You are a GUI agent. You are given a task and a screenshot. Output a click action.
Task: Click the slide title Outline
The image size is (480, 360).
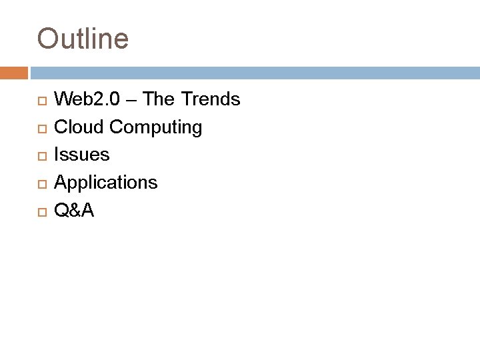[83, 39]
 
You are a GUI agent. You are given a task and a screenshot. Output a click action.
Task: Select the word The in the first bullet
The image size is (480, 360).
[157, 99]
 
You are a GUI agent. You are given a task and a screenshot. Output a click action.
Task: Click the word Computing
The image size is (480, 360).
[155, 127]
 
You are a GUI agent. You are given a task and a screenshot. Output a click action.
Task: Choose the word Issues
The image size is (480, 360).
[81, 155]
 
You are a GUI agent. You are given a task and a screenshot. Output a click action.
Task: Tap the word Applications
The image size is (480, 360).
[106, 183]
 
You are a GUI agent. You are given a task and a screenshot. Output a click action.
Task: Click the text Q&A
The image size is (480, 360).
[74, 211]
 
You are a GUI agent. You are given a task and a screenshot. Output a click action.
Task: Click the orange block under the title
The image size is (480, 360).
[13, 72]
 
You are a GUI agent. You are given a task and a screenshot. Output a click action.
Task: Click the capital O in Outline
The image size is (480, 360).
[47, 39]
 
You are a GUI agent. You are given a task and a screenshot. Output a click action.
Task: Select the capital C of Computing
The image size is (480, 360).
[116, 127]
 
